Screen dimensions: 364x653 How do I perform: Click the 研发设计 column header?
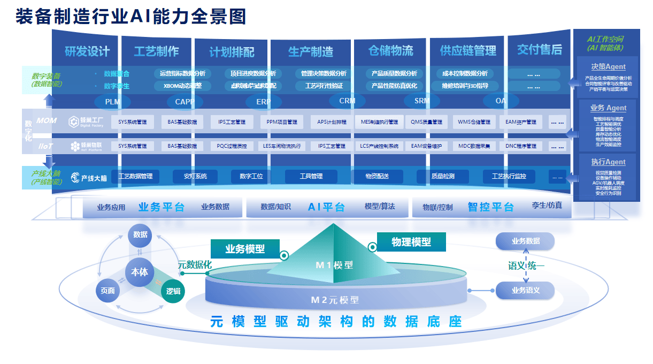pos(87,51)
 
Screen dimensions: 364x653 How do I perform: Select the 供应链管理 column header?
pos(468,51)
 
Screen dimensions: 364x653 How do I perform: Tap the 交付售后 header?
pos(539,50)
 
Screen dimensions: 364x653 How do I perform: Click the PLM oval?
pos(112,102)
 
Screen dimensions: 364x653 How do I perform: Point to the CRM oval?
pos(347,101)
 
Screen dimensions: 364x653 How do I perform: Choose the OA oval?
pos(501,101)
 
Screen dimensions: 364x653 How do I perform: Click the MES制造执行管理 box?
pos(379,122)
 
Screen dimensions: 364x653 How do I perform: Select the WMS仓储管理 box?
pos(474,122)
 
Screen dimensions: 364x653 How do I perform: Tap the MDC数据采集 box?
pos(474,146)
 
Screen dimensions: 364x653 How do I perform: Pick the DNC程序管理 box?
pos(521,146)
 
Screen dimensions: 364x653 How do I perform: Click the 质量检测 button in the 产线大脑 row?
pos(443,176)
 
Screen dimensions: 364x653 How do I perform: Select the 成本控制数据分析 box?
pos(465,73)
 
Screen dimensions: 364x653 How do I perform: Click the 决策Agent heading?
pos(608,67)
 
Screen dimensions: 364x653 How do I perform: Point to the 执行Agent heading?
pos(608,162)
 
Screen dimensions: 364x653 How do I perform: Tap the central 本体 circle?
pos(140,272)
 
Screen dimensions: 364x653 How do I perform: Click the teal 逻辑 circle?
pos(173,291)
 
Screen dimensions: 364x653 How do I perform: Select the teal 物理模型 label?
pos(411,242)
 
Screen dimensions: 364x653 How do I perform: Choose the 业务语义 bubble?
pos(525,291)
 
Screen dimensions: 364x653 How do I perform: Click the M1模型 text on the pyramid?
pos(334,265)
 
